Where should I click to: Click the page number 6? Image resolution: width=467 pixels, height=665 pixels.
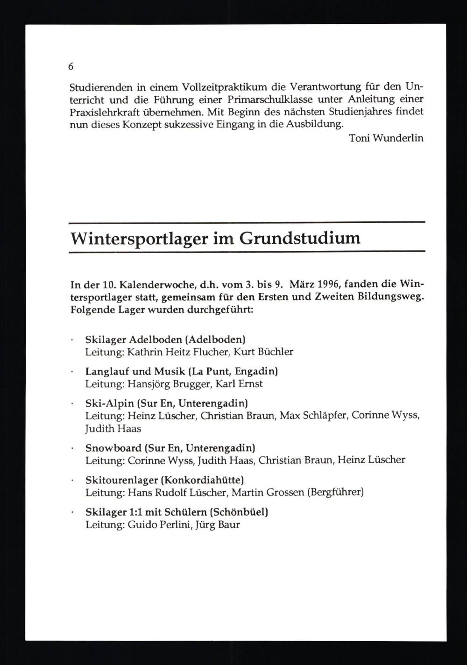(71, 67)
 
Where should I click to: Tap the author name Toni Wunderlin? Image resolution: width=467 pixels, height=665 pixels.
(386, 138)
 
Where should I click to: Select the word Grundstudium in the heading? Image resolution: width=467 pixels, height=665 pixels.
(300, 239)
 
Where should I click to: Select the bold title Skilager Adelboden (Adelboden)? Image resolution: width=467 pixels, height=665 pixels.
(165, 340)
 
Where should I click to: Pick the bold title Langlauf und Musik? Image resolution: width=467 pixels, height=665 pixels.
(135, 372)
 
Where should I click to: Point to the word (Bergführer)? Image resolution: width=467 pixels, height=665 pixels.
(335, 492)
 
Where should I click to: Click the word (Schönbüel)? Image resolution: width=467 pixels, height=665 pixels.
(239, 512)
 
